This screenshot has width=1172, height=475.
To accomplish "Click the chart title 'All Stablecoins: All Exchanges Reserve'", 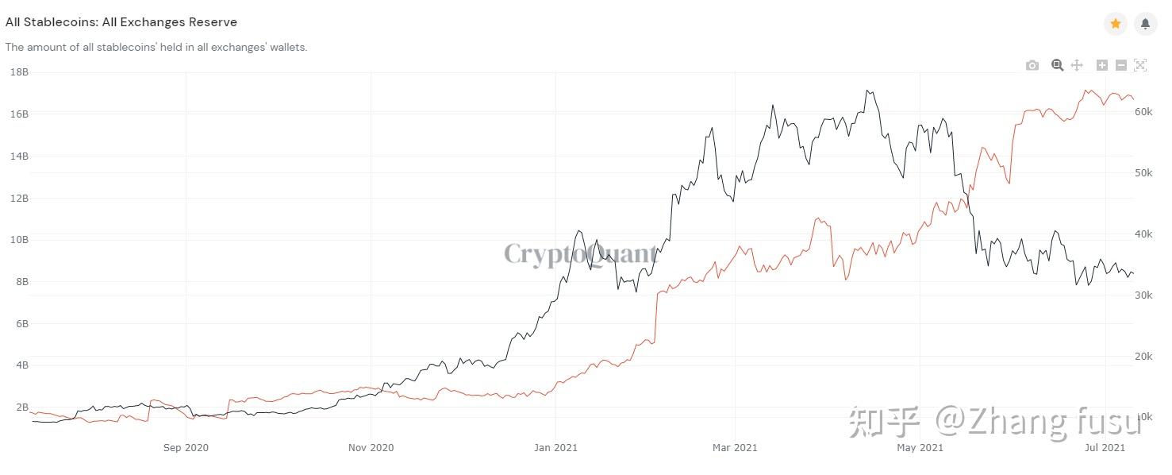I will [121, 22].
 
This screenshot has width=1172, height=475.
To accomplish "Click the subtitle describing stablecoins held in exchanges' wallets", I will [156, 47].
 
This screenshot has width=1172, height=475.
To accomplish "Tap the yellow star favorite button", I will [1115, 24].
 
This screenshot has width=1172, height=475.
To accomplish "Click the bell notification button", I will [1145, 24].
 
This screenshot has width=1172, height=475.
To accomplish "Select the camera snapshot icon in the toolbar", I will [1032, 65].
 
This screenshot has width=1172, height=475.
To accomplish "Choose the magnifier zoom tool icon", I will [1057, 65].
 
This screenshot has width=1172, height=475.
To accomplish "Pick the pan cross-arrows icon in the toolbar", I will [1077, 65].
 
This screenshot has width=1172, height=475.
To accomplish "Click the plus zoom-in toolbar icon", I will [1102, 65].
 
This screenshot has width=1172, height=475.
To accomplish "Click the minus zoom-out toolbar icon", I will [1120, 65].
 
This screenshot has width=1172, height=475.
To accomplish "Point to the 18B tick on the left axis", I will [19, 72].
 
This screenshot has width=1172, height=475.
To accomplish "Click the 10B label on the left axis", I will [19, 240].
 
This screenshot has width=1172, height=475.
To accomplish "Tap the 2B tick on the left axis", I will [22, 407].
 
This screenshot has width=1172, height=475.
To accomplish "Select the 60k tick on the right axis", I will [1143, 112].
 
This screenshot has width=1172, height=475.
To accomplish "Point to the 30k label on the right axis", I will [1143, 295].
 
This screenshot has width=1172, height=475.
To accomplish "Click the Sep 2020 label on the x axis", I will [186, 447].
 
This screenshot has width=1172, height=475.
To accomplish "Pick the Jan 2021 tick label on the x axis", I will [555, 447].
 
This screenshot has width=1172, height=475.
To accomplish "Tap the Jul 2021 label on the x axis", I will [1105, 447].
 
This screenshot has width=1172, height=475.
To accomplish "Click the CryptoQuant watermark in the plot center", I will [581, 254].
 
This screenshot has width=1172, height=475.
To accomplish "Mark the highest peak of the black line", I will [867, 91].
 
